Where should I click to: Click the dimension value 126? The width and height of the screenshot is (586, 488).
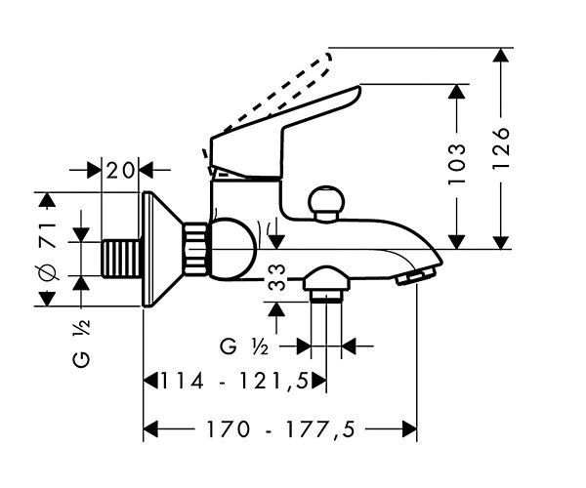point(501,148)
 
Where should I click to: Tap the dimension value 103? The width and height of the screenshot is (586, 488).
point(457,163)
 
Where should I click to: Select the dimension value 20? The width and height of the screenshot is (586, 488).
point(120,170)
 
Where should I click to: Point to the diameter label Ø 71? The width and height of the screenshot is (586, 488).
point(48,251)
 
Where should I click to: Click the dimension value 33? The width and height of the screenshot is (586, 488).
point(277,278)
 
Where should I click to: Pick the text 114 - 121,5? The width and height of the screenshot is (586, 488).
point(234,382)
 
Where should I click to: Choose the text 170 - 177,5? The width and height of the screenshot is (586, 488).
point(280,428)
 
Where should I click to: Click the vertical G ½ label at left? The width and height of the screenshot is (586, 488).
point(81,344)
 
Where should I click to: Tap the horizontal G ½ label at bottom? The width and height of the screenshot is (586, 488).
point(244,346)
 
